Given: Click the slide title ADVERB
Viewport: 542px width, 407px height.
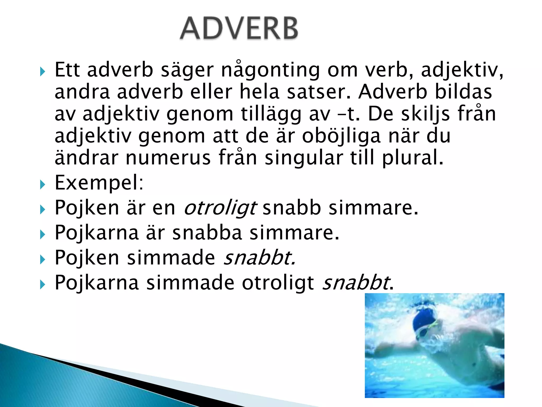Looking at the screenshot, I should pos(239,28).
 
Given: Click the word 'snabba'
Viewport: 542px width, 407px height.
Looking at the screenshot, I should pos(207,233).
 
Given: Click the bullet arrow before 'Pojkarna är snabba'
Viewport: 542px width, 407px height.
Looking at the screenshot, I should pos(43,234).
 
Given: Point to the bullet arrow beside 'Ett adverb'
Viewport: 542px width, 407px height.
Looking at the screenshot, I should pos(43,72).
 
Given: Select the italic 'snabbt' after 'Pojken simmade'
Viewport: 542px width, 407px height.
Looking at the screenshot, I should pos(259,258).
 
